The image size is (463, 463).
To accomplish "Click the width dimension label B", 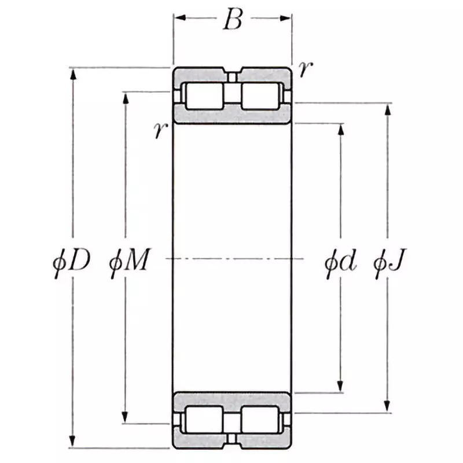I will click(x=232, y=20).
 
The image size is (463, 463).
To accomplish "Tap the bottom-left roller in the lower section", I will click(x=203, y=420).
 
